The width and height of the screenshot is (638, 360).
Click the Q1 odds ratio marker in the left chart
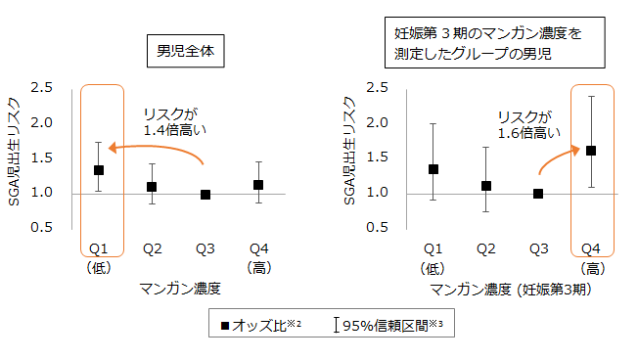(x=98, y=170)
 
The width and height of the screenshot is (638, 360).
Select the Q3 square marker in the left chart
(x=205, y=195)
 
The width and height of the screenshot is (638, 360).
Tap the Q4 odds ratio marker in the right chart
(x=590, y=151)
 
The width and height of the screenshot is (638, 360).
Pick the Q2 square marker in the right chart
(x=485, y=186)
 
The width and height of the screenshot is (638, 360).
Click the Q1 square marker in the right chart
(x=433, y=169)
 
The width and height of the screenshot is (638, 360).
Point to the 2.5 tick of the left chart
(x=41, y=87)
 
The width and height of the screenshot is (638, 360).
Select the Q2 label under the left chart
(x=151, y=248)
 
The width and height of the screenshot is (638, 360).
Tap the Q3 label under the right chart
(x=537, y=248)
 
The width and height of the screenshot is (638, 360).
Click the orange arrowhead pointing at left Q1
(x=113, y=149)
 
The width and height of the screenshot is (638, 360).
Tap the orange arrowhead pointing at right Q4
(x=573, y=150)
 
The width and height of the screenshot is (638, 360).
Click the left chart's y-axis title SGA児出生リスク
(x=13, y=157)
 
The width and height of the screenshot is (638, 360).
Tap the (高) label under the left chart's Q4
(x=257, y=265)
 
